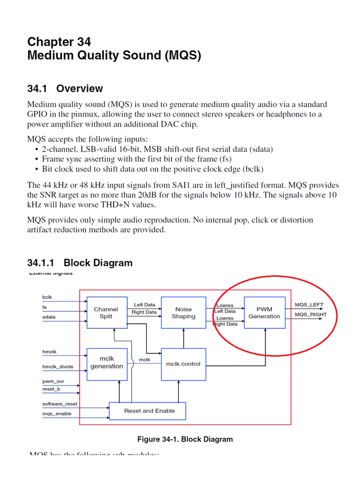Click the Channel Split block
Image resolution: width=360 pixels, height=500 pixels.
[106, 313]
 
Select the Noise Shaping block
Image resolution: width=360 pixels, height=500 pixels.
[184, 313]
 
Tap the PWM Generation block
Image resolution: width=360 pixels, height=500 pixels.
[264, 313]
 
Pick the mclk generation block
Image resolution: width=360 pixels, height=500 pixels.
[107, 362]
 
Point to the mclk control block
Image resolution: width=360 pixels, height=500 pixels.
[183, 364]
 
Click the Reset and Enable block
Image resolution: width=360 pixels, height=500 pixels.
[148, 411]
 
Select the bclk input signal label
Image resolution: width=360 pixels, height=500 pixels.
[47, 297]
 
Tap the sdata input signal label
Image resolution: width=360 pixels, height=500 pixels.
[49, 317]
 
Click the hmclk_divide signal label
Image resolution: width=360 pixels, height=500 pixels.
[58, 367]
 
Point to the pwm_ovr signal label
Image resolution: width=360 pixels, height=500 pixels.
[53, 381]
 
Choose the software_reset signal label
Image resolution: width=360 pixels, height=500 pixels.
[60, 404]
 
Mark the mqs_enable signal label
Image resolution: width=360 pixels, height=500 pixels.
[57, 414]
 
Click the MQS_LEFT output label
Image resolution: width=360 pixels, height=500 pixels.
[309, 305]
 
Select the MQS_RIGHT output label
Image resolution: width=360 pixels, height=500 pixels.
[310, 315]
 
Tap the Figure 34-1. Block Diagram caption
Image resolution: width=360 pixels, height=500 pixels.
[185, 439]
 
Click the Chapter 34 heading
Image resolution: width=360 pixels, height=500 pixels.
[59, 42]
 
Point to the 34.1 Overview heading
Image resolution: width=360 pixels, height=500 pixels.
[65, 89]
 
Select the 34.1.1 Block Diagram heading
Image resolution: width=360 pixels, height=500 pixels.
[80, 263]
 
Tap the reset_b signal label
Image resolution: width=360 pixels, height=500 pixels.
[51, 389]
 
